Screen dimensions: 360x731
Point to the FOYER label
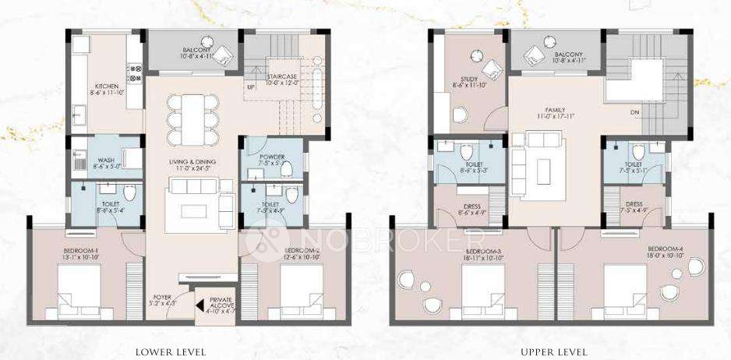click(161, 298)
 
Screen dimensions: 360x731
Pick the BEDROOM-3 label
click(480, 252)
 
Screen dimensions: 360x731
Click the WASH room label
click(104, 162)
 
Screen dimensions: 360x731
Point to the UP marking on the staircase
click(251, 86)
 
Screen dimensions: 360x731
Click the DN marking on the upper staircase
click(635, 111)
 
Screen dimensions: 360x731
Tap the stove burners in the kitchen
click(134, 74)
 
